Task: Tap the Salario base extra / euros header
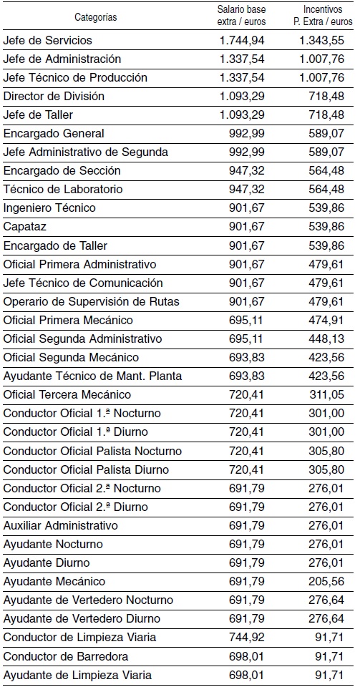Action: click(x=242, y=16)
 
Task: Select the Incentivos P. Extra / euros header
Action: click(x=322, y=16)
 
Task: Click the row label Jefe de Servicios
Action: click(x=48, y=40)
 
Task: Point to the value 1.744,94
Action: click(x=242, y=40)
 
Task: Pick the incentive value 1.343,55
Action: click(x=321, y=40)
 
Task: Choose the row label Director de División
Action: click(x=54, y=96)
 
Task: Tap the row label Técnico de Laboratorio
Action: click(x=63, y=189)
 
